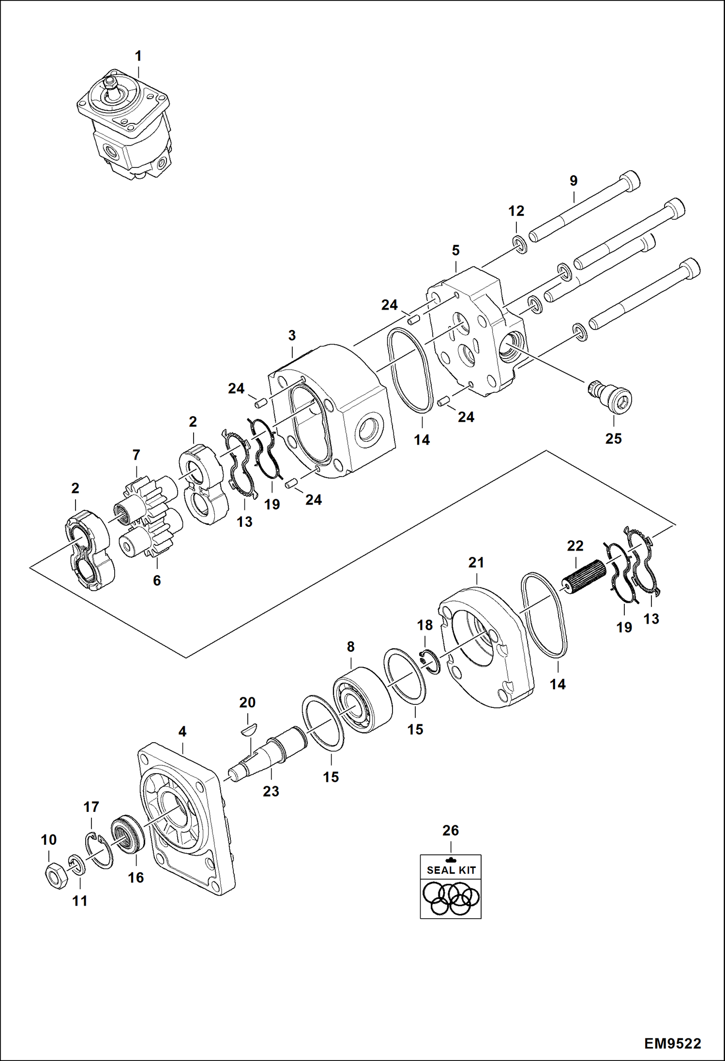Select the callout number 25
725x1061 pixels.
pos(613,438)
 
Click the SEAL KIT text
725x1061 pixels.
pos(451,870)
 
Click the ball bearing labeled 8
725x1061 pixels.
pos(362,700)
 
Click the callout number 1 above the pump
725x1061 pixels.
pos(138,57)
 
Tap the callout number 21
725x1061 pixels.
pos(476,563)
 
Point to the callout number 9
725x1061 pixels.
pos(573,181)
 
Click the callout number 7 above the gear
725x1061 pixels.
pos(136,455)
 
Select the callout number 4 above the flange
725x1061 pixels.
pos(182,732)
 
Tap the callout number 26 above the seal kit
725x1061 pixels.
pos(450,831)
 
